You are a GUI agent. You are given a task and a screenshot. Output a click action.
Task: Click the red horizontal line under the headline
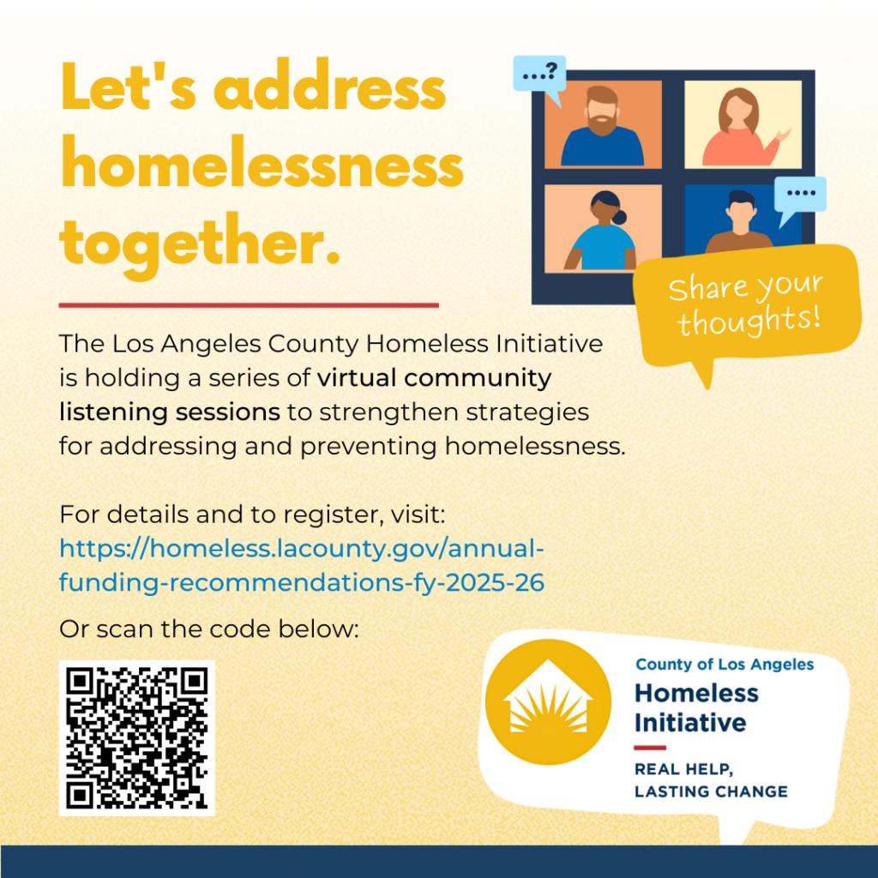tap(249, 304)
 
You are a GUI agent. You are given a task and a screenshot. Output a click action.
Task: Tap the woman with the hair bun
tap(602, 232)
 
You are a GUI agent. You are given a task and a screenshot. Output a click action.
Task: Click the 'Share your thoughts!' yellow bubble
tap(745, 305)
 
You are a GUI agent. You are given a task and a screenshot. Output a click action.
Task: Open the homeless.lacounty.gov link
tap(302, 565)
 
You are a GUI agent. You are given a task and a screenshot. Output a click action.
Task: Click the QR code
tap(137, 737)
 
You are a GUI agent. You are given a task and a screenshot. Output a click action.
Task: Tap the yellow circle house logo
tap(548, 702)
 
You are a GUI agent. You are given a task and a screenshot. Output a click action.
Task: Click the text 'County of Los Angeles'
tap(725, 665)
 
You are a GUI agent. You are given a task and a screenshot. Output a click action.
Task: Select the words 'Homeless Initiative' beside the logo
tap(695, 707)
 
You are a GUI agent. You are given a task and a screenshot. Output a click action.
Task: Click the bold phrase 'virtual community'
tap(434, 377)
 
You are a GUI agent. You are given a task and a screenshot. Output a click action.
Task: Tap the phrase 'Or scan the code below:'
tap(207, 628)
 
